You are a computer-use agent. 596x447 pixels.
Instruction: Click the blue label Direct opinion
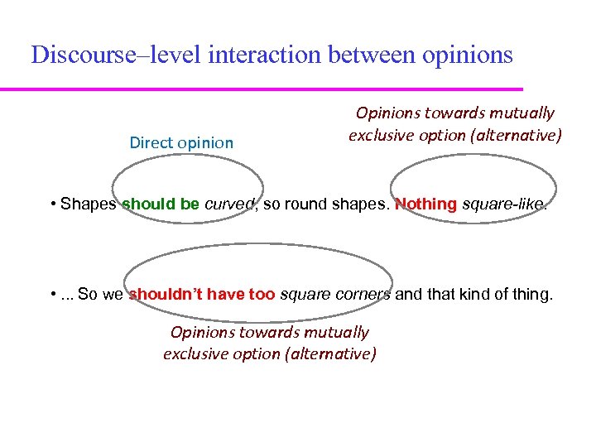tap(181, 142)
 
